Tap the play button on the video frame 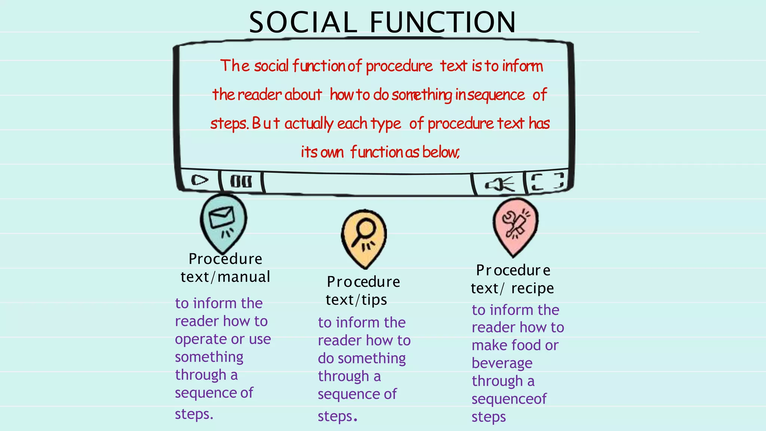[x=199, y=180]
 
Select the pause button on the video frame [x=241, y=182]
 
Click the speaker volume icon [x=499, y=184]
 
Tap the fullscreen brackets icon [x=548, y=181]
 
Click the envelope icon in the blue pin [x=222, y=217]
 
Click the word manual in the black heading [x=244, y=277]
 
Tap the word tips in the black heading [x=374, y=300]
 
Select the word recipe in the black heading [x=533, y=288]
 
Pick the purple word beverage [x=502, y=363]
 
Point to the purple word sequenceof [x=509, y=399]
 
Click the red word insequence [x=490, y=95]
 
